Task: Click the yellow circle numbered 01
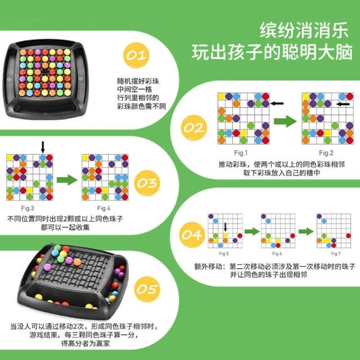click(136, 55)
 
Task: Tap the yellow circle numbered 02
click(194, 128)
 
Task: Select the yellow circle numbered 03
click(147, 183)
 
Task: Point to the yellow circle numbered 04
click(192, 235)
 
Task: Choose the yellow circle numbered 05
click(147, 289)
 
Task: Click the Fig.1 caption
click(241, 152)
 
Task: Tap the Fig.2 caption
click(326, 152)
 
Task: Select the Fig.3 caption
click(28, 208)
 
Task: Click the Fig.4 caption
click(103, 208)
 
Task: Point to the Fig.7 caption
click(336, 254)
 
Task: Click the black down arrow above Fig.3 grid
click(43, 147)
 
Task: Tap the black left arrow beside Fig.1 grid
click(277, 103)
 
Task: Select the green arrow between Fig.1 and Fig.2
click(285, 121)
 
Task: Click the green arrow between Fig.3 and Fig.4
click(67, 180)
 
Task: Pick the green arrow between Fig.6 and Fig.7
click(306, 231)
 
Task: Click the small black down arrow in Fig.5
click(226, 227)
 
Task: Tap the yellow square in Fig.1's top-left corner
click(221, 97)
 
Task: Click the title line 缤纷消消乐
click(304, 30)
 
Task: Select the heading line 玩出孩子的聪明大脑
click(272, 52)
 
